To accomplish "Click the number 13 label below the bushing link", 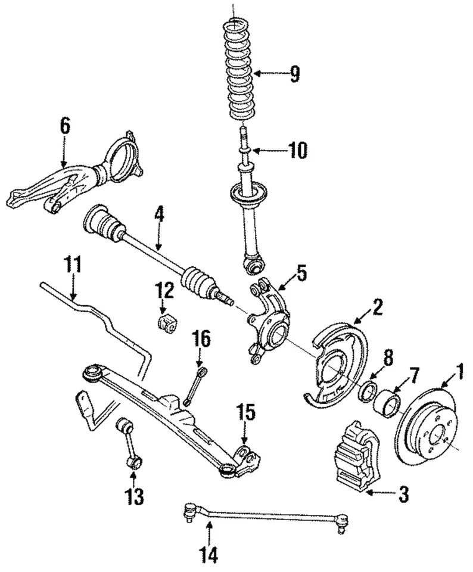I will [135, 496].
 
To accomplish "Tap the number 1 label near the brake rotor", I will [459, 374].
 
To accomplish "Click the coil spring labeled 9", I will [242, 71].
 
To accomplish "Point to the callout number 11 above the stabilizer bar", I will [73, 265].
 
